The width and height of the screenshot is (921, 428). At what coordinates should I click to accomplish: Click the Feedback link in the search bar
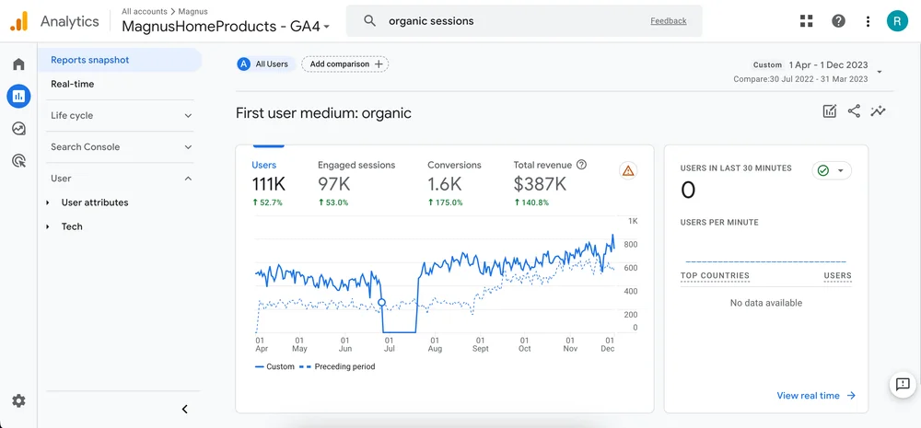point(668,21)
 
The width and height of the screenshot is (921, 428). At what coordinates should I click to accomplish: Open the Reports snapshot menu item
point(90,60)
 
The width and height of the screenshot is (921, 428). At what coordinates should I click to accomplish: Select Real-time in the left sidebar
point(73,84)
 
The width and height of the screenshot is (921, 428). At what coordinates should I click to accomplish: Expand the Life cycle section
point(120,115)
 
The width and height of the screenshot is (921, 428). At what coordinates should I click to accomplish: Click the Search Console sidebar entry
point(120,146)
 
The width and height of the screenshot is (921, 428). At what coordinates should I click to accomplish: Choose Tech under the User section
point(72,226)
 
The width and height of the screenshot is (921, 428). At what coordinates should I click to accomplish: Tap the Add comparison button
point(345,64)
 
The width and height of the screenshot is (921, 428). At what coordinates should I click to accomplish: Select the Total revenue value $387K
point(540,184)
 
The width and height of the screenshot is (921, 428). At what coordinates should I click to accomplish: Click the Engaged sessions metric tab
point(356,165)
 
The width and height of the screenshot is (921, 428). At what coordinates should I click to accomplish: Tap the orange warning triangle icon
point(628,170)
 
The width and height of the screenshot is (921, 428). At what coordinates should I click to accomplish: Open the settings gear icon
point(18,401)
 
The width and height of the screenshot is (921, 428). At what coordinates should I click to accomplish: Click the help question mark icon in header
point(838,21)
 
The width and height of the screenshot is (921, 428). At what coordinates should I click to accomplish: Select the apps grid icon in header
point(807,21)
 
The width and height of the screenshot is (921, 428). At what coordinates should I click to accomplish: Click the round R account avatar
point(897,21)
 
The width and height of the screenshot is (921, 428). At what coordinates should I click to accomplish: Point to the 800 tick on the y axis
point(630,245)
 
